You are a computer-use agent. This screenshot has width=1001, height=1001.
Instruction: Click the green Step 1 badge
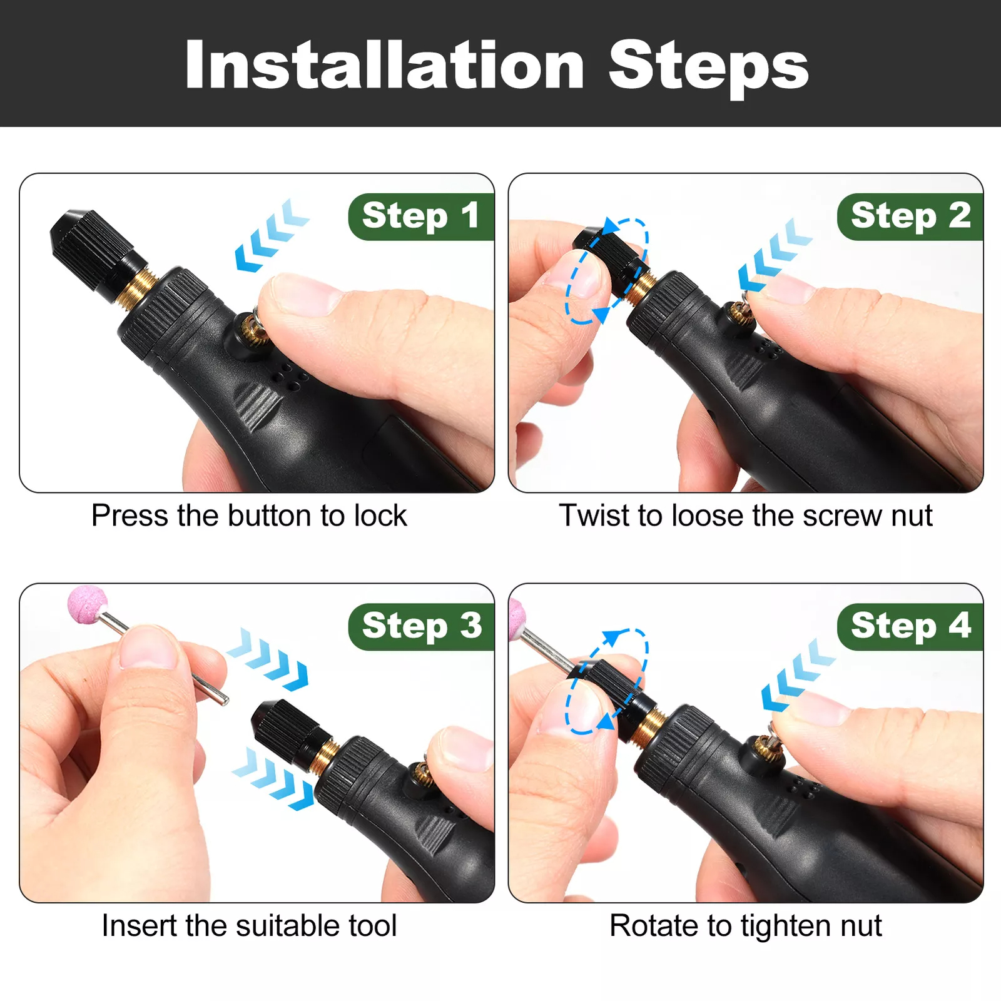(x=421, y=216)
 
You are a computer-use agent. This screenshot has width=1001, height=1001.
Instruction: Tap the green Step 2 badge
(x=910, y=216)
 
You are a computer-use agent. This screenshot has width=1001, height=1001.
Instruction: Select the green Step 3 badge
(x=421, y=627)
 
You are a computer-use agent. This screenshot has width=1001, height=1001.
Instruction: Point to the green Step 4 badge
(x=910, y=627)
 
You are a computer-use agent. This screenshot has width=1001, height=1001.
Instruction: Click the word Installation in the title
(x=385, y=65)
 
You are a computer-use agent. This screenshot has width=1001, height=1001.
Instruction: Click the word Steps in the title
(x=709, y=68)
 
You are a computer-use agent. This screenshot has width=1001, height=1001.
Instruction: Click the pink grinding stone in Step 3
(x=88, y=605)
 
